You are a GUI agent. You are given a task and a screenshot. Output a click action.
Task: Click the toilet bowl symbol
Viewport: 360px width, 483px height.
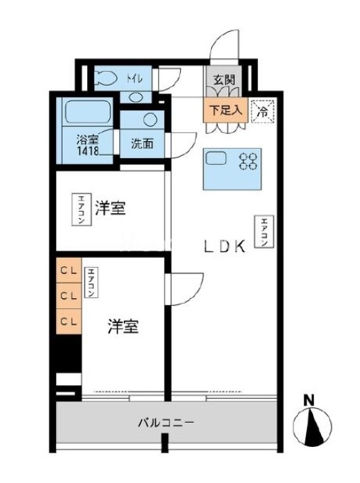(x=106, y=79)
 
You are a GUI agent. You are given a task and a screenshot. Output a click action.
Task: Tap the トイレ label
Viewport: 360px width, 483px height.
(x=135, y=79)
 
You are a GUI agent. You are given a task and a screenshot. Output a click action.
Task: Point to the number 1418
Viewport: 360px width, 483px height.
(x=88, y=151)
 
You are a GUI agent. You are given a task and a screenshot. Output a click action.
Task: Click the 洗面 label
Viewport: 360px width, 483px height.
(x=142, y=144)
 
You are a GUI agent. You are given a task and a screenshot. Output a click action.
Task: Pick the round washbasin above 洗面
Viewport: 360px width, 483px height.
(x=150, y=119)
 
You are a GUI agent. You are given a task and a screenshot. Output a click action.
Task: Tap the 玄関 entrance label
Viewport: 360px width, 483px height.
(x=224, y=80)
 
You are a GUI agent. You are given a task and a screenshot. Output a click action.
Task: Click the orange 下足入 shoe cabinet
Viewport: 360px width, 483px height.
(x=225, y=110)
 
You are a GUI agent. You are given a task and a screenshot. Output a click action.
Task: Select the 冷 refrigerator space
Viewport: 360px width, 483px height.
(x=262, y=111)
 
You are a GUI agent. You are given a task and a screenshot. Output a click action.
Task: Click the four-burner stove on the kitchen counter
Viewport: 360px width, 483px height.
(x=249, y=161)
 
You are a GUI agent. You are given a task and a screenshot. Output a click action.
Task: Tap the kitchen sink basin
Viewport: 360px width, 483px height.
(x=216, y=159)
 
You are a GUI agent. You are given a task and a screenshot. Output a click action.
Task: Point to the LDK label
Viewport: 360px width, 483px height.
(x=225, y=246)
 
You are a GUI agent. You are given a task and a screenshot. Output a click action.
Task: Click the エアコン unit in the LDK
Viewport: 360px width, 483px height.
(x=264, y=232)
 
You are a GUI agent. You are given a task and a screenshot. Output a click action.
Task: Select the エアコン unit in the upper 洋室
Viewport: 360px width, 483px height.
(x=81, y=210)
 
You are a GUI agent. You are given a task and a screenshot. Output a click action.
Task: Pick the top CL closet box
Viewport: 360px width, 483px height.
(x=69, y=271)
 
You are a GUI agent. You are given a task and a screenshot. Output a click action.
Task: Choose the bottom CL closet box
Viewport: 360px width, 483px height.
(x=69, y=322)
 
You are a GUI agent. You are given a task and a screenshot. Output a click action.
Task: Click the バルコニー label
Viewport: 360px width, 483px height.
(x=166, y=422)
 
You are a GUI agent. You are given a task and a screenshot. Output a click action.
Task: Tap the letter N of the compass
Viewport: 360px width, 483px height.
(x=309, y=401)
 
